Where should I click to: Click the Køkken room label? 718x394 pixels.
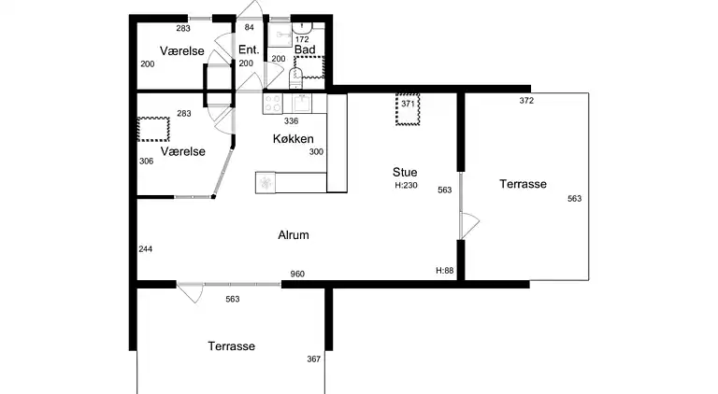click(293, 139)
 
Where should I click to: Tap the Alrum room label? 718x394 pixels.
click(294, 235)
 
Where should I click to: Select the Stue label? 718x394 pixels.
click(405, 173)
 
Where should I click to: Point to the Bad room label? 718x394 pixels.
click(305, 49)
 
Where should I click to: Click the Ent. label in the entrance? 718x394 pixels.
click(249, 49)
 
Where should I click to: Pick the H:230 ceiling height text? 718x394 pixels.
click(406, 186)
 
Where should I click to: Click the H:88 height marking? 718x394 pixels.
click(445, 271)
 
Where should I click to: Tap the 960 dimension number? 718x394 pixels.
click(297, 274)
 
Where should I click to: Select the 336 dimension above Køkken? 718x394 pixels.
click(292, 121)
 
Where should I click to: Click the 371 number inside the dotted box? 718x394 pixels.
click(408, 104)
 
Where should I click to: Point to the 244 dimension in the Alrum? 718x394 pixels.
click(146, 249)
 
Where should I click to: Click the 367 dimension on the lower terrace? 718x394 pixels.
click(314, 359)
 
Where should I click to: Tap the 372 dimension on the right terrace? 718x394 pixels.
click(526, 101)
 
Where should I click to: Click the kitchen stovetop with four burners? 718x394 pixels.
click(273, 104)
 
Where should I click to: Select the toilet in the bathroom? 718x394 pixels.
click(296, 78)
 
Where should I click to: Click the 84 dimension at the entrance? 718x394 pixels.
click(249, 27)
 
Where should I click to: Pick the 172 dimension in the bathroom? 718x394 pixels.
click(302, 40)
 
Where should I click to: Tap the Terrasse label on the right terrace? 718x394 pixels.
click(523, 184)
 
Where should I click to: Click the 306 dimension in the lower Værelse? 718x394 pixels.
click(147, 162)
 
